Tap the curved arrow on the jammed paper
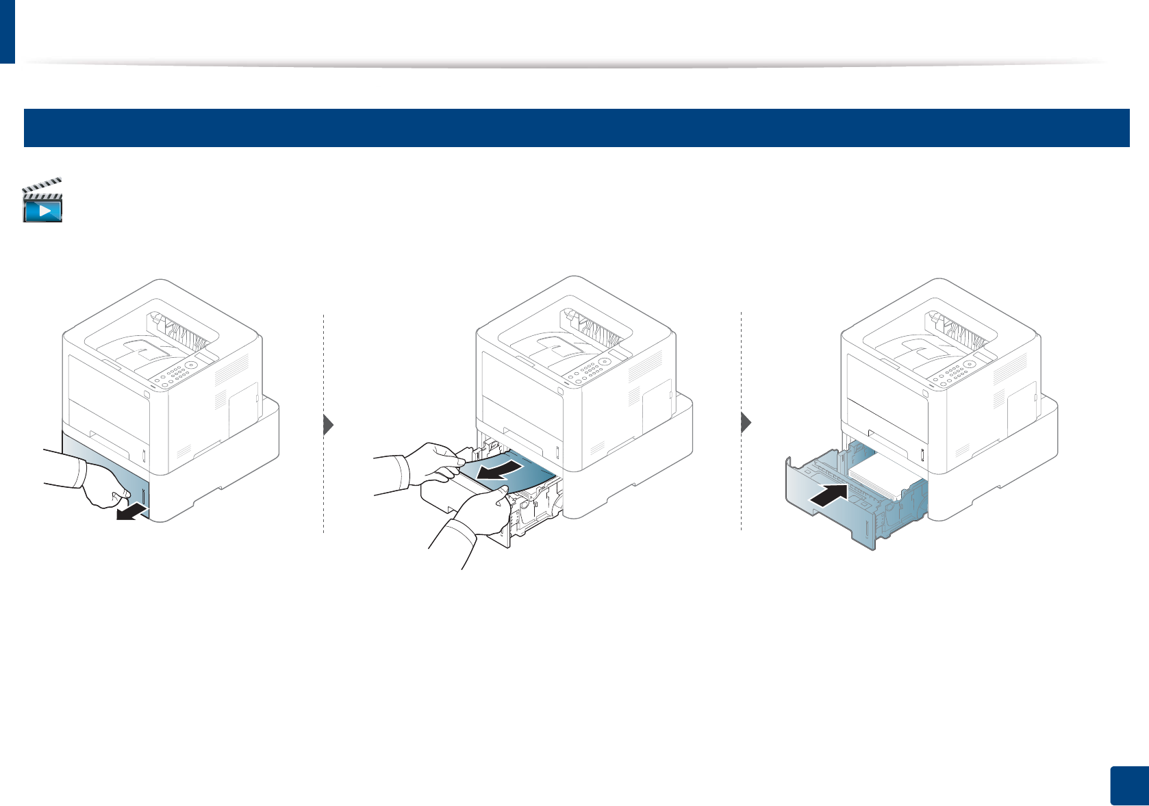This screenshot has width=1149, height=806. (503, 470)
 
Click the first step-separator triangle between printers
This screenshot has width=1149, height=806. (328, 425)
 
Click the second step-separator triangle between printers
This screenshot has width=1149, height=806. (746, 424)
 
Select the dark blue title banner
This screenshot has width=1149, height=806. (576, 128)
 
